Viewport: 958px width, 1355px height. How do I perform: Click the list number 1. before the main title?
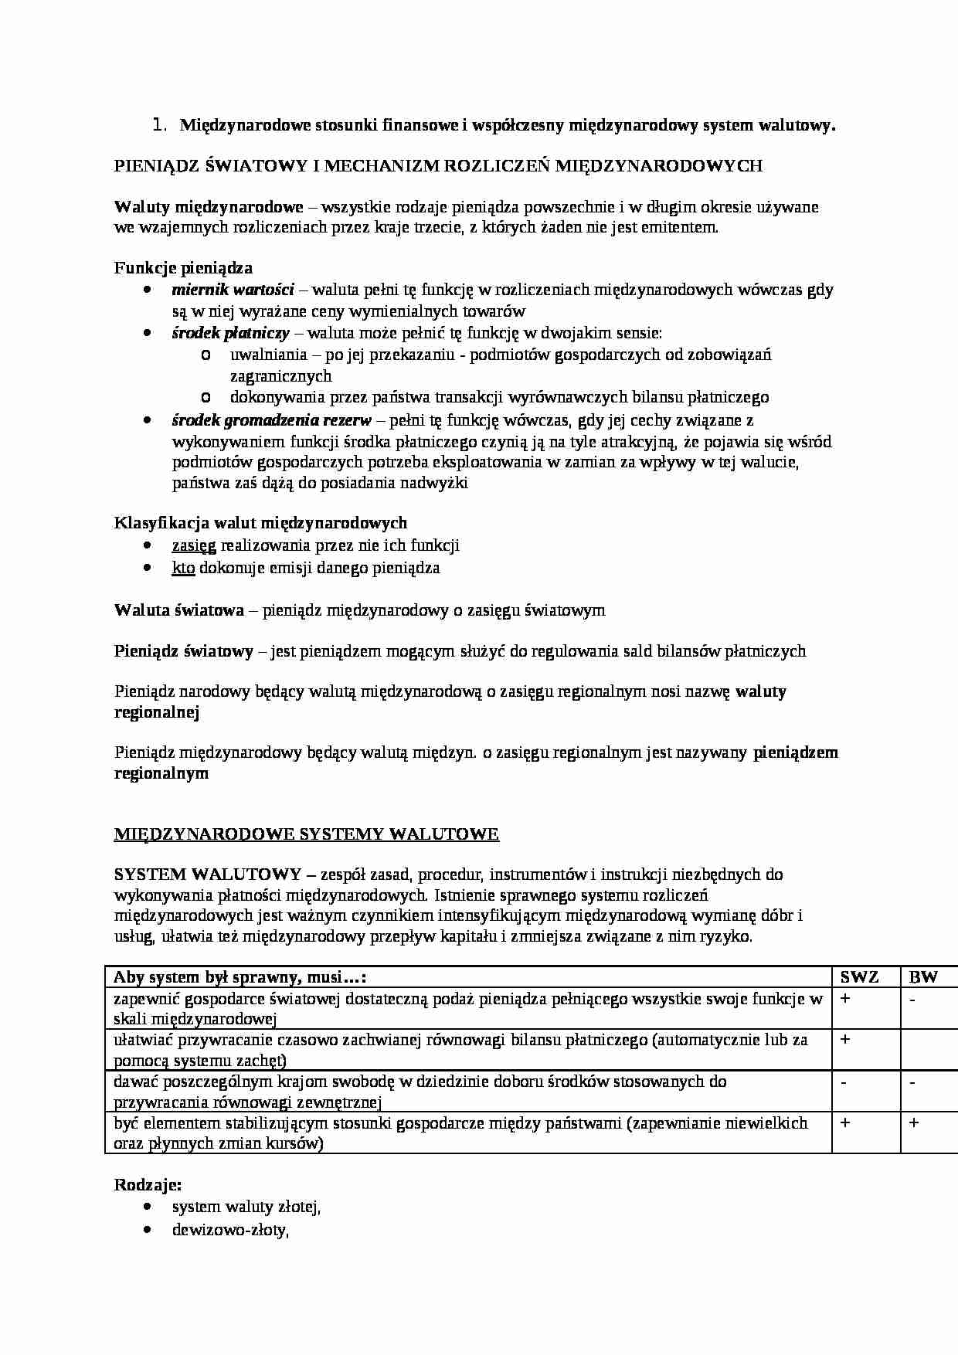coord(160,124)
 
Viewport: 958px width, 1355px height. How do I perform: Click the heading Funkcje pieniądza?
coord(183,268)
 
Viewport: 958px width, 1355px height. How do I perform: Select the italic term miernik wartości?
coord(233,290)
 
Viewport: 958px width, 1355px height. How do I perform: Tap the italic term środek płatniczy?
coord(230,333)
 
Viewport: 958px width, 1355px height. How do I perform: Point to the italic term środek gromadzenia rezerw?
coord(271,420)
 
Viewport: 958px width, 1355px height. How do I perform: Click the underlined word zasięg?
coord(194,545)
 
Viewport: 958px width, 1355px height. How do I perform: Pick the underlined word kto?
coord(183,568)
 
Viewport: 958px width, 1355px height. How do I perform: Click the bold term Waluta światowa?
coord(178,610)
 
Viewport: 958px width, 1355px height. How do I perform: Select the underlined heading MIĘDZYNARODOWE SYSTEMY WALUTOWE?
coord(306,834)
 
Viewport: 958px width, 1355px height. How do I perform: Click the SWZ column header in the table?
coord(859,976)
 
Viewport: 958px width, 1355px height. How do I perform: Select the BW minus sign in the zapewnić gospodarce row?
coord(912,999)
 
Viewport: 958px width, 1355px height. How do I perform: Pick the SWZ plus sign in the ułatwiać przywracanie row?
coord(845,1040)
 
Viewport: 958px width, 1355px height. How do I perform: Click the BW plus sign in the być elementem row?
coord(913,1122)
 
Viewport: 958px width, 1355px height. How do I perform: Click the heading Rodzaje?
coord(148,1185)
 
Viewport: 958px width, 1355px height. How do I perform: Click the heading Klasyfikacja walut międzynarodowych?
coord(260,523)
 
